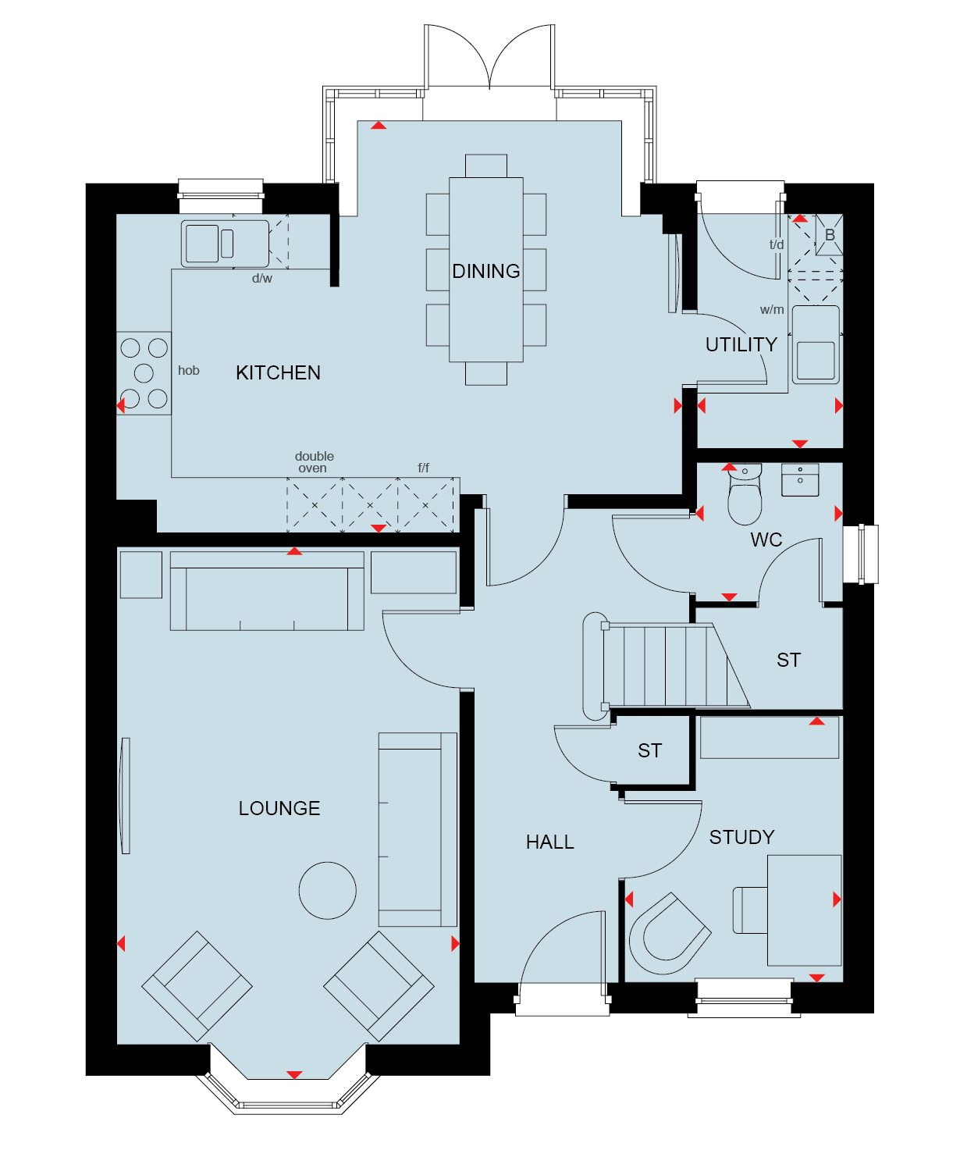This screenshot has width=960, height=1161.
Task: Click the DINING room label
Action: tap(485, 272)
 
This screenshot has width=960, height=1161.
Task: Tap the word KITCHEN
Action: tap(278, 372)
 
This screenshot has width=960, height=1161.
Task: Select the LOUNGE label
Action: tap(279, 808)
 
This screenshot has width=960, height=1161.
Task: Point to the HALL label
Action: tap(549, 842)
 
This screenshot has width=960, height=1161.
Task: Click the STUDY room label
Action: tap(741, 837)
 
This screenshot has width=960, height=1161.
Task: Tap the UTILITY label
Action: tap(741, 345)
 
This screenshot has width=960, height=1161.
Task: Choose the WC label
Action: tap(766, 540)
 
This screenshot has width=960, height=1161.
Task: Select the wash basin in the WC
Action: tap(800, 479)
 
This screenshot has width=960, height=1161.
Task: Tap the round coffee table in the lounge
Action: tap(327, 890)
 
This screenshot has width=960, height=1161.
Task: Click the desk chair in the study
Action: tap(670, 934)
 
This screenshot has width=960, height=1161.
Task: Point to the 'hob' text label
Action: tap(188, 370)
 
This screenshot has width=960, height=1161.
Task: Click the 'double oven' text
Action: tap(314, 462)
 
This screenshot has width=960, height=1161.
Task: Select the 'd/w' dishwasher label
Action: tap(261, 278)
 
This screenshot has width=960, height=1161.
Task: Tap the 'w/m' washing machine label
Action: tap(772, 310)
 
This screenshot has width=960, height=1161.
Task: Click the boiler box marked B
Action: tap(829, 235)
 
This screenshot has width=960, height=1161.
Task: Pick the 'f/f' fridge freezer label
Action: tap(423, 468)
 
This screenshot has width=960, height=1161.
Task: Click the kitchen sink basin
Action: tap(202, 244)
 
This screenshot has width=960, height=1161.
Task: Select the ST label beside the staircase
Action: tap(788, 660)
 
